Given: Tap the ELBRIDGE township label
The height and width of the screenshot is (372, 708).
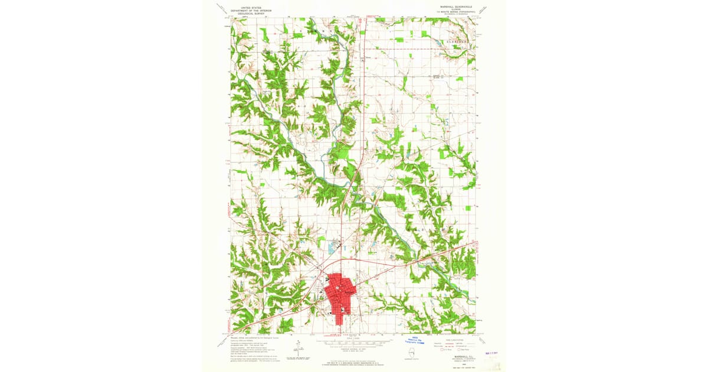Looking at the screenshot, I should pyautogui.click(x=457, y=43).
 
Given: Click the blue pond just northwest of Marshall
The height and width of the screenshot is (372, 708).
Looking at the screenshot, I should pyautogui.click(x=320, y=242).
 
